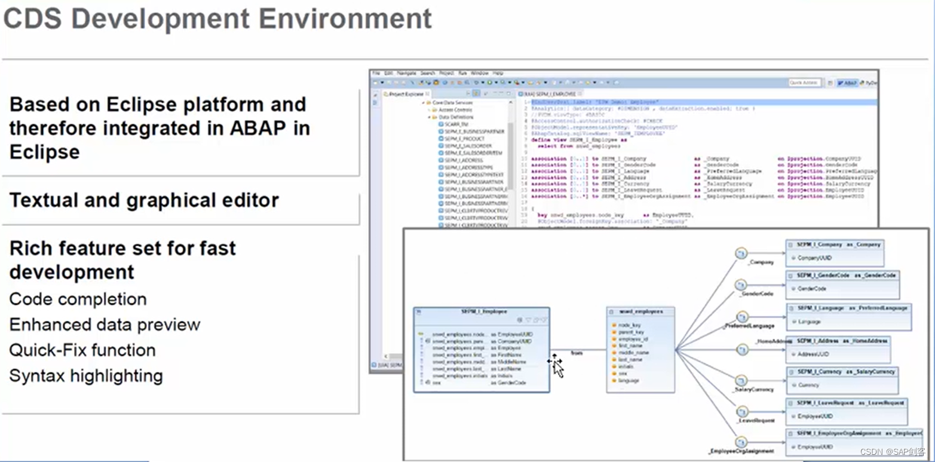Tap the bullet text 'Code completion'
point(78,299)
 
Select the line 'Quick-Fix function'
point(82,350)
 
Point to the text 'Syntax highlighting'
point(85,376)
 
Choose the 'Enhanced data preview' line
point(105,325)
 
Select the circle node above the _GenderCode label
point(741,284)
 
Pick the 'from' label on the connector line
point(577,353)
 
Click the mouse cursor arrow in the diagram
point(557,366)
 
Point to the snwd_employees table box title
point(640,311)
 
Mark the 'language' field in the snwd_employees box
point(629,380)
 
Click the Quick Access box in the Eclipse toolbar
point(804,83)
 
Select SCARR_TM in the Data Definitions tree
point(456,124)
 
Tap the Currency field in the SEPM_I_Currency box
point(808,385)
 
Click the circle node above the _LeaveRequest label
point(741,412)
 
